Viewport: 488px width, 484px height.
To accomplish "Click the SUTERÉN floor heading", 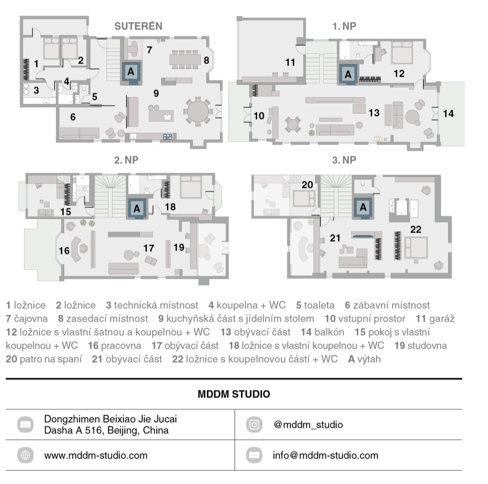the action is point(139,26).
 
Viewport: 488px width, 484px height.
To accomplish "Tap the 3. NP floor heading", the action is point(344,160).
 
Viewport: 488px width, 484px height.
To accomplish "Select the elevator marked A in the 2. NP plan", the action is point(137,209).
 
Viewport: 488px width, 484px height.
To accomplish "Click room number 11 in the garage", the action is point(290,63).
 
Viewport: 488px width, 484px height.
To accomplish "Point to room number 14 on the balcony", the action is point(448,114).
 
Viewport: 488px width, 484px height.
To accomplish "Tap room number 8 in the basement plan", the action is point(206,60).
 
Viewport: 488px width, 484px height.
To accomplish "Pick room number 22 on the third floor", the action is point(415,230).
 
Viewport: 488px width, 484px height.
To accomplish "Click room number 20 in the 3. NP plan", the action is point(307,185).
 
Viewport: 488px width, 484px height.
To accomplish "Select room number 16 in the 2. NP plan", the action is point(64,251).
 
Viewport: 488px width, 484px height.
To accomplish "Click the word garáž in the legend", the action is point(442,318).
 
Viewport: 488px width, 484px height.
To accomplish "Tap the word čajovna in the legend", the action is point(31,318).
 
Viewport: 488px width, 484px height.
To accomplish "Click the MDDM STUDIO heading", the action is point(234,394).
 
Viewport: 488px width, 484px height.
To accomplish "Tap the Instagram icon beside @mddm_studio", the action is point(254,424).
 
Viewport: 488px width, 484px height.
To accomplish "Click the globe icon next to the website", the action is point(25,455).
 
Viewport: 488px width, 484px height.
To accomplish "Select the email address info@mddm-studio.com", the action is point(325,455).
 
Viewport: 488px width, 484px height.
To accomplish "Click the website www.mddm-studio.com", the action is point(96,455).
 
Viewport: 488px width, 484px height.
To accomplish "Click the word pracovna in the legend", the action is point(121,346).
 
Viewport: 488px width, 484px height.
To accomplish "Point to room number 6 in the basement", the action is point(73,117).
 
